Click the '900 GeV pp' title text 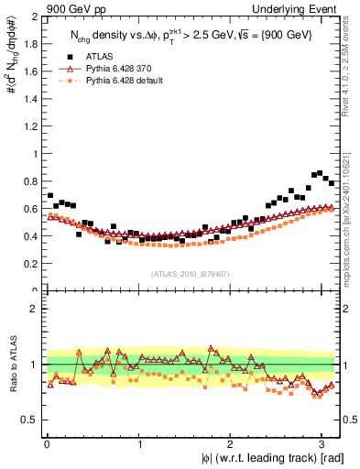75,8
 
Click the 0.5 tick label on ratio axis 30,420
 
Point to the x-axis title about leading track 267,457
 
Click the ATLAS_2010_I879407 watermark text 191,273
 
